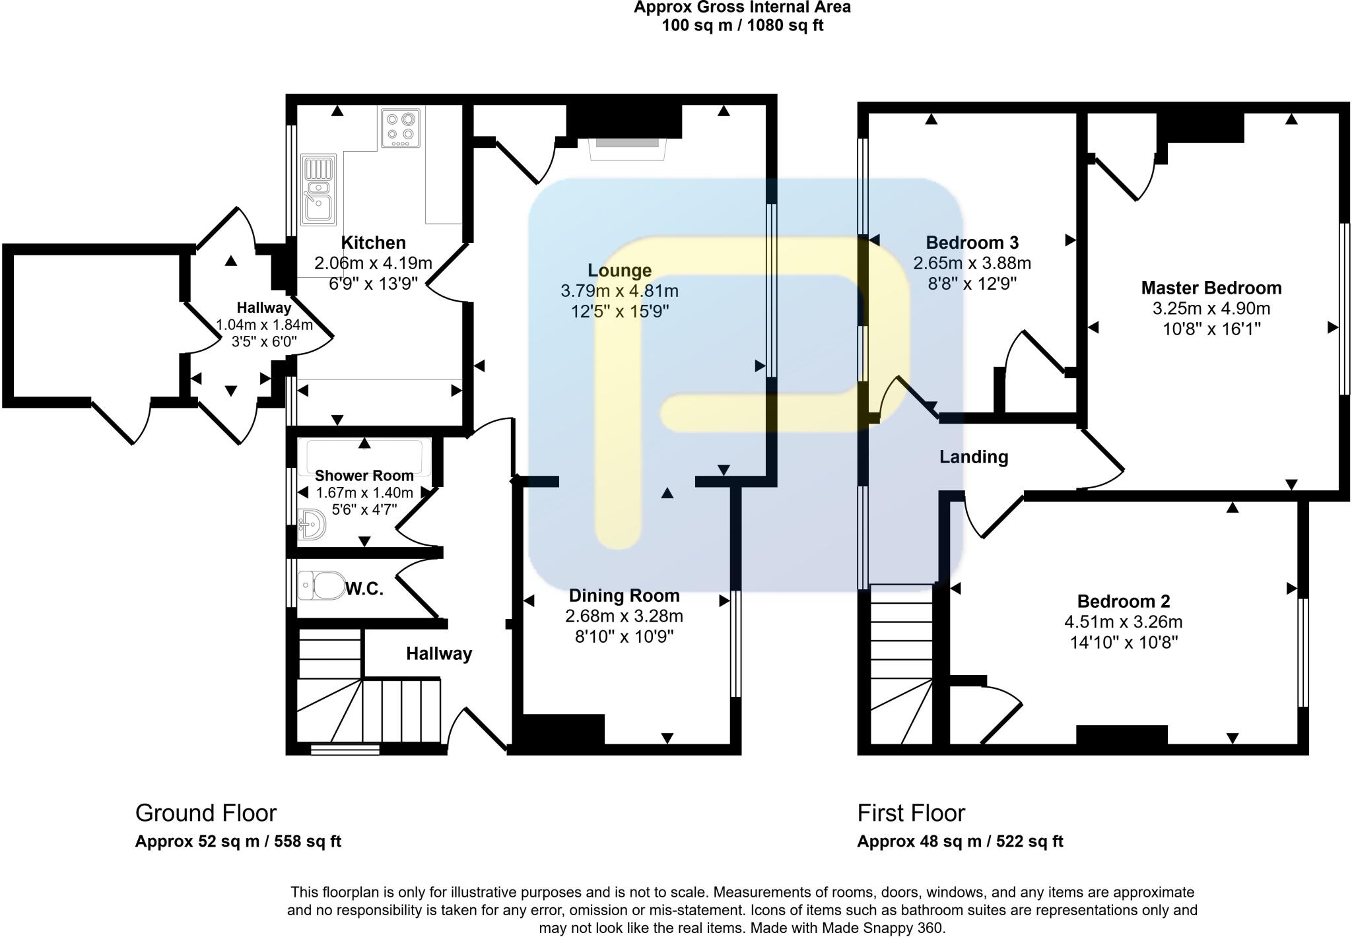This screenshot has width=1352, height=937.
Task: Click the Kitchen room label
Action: tap(373, 243)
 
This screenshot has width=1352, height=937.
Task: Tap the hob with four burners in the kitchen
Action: tap(401, 128)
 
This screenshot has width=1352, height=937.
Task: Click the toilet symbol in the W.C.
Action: tap(321, 585)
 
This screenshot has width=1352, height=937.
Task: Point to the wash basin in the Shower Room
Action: tap(311, 525)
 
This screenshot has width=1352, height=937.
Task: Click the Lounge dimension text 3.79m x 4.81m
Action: tap(619, 291)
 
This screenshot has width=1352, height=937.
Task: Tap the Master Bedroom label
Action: tap(1211, 288)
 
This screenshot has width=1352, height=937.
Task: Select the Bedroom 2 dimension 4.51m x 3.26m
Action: tap(1123, 622)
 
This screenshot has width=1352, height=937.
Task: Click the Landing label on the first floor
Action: tap(974, 457)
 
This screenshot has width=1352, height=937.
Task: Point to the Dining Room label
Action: tap(624, 596)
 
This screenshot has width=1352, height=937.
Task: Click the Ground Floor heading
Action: tap(206, 813)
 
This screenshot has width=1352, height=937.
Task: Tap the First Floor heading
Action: tap(911, 813)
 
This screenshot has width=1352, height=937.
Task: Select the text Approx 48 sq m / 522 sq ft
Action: tap(960, 841)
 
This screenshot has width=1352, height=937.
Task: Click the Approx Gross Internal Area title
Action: tap(742, 8)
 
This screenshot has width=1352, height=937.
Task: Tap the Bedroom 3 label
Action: tap(972, 243)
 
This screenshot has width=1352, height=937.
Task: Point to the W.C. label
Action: tap(364, 589)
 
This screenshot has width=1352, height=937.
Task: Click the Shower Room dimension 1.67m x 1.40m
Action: tap(364, 493)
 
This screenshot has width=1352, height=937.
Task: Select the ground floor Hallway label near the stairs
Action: tap(439, 654)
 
